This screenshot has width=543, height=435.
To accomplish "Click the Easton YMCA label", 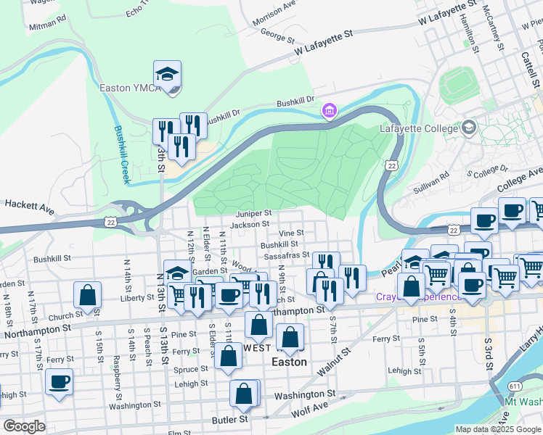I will coord(124,88).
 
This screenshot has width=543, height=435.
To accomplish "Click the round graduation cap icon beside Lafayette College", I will coord(469,128).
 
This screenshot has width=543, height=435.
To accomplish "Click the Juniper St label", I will coord(253,214).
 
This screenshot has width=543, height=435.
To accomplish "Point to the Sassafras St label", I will coord(287,257).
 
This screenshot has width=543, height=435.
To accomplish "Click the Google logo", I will coord(24,426).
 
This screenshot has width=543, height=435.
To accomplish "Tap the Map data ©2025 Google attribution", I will coord(497,429).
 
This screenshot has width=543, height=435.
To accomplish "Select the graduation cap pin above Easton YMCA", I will coord(167,75).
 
